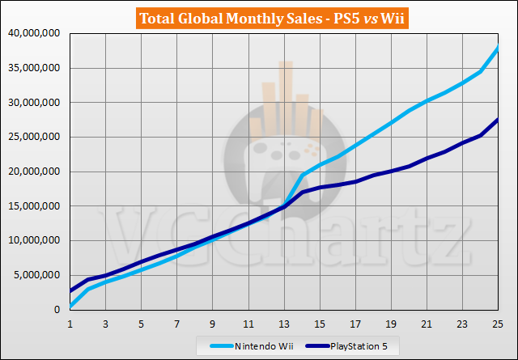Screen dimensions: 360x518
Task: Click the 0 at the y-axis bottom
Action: pyautogui.click(x=57, y=310)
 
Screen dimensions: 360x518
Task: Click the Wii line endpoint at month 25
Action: pyautogui.click(x=498, y=47)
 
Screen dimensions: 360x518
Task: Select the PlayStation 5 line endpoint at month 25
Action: pyautogui.click(x=498, y=120)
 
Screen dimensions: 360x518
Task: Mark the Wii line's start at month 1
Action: pyautogui.click(x=70, y=306)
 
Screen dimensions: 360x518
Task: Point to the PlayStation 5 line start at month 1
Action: pyautogui.click(x=70, y=290)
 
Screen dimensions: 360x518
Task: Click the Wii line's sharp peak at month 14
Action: pyautogui.click(x=302, y=175)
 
